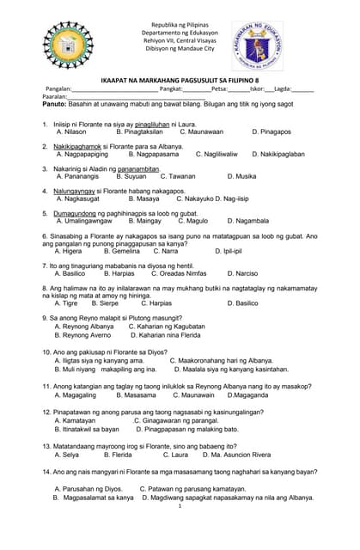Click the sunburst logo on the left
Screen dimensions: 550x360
point(62,45)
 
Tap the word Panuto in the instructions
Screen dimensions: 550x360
point(53,103)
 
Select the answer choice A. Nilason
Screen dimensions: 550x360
point(71,131)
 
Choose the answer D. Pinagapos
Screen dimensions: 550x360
point(271,131)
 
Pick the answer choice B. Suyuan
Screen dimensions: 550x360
point(131,176)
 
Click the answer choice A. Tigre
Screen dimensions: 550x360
point(66,303)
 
